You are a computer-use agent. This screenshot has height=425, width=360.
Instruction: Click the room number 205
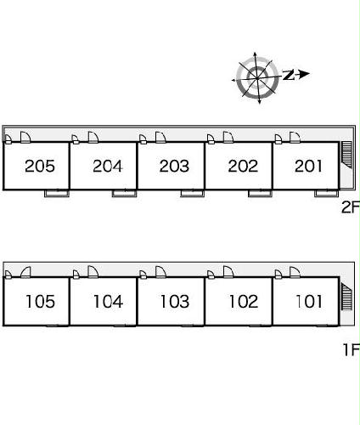click(40, 166)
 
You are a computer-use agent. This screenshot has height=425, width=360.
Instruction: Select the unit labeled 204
click(108, 166)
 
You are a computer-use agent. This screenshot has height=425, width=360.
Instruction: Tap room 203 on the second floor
click(174, 166)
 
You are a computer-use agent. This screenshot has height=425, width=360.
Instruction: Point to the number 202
click(243, 166)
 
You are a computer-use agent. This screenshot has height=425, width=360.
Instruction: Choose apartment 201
click(308, 166)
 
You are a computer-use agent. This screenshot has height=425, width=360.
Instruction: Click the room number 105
click(40, 302)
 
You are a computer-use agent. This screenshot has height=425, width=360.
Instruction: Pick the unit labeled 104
click(108, 302)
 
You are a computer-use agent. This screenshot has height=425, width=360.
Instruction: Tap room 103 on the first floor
click(175, 302)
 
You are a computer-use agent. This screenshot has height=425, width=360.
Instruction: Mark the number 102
click(244, 302)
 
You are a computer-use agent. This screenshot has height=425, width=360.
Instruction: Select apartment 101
click(309, 302)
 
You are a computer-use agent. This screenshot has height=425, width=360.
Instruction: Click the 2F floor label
click(351, 207)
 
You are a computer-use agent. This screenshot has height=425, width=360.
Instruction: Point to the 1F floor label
click(352, 349)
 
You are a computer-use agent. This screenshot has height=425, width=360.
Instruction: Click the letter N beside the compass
click(289, 75)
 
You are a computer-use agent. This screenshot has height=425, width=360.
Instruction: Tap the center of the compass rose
click(257, 77)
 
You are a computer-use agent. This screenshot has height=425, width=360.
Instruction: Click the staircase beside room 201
click(347, 155)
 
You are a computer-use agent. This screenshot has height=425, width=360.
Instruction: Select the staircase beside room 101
click(346, 297)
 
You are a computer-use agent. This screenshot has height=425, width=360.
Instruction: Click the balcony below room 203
click(193, 193)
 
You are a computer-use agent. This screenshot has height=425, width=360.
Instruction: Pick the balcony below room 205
click(57, 193)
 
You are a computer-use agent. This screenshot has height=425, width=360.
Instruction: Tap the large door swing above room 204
click(93, 137)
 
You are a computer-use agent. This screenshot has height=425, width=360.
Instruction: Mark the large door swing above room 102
click(228, 272)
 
